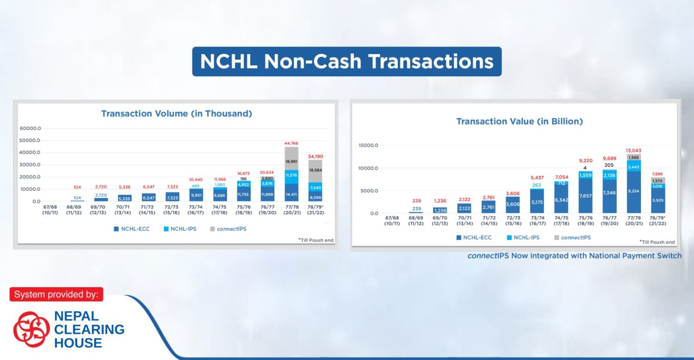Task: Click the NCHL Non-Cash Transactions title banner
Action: tap(347, 61)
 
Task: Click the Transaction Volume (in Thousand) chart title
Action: tap(176, 114)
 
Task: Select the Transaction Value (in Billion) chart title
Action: tap(519, 122)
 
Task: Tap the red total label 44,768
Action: tap(291, 144)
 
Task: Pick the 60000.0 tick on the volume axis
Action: tap(30, 128)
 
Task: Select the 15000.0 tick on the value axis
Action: tap(368, 145)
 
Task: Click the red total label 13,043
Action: tap(633, 151)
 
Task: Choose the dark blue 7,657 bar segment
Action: tap(586, 196)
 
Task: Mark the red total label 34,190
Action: tap(315, 157)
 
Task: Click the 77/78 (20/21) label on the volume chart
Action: tap(292, 210)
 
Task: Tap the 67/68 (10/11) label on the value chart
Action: tap(392, 221)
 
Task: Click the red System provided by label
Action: tap(56, 295)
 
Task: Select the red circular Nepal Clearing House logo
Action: tap(31, 329)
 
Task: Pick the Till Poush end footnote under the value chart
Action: tap(657, 242)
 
